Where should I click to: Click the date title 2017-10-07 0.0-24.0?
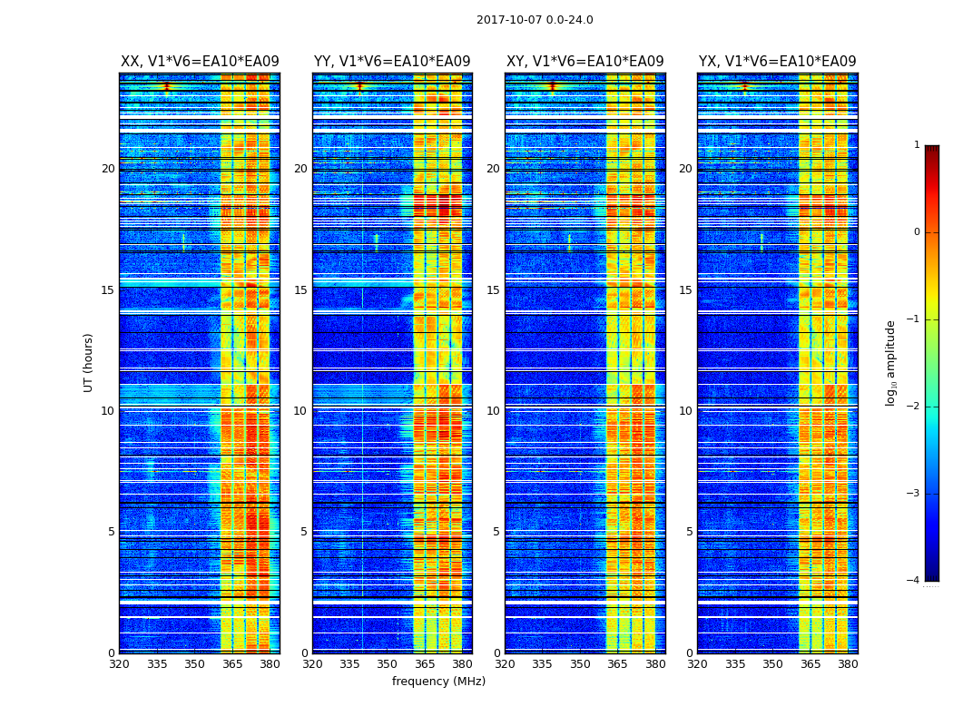pos(535,20)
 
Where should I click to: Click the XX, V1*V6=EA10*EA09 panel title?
pos(200,62)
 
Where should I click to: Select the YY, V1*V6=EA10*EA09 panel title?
pos(392,62)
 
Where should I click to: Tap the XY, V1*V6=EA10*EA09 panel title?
pos(585,62)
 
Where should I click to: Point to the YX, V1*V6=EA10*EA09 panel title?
pos(777,62)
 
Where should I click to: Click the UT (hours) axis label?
pos(89,362)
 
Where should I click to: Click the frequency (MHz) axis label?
pos(438,682)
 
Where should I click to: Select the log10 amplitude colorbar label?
pos(891,362)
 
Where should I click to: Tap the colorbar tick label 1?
pos(917,145)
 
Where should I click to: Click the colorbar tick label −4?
pos(914,581)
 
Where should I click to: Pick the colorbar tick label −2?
pos(914,407)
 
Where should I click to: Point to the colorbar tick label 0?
pos(917,232)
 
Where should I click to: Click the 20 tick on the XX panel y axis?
pos(108,169)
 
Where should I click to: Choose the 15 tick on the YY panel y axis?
pos(300,290)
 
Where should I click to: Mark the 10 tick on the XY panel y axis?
pos(493,411)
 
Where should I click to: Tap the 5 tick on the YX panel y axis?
pos(689,532)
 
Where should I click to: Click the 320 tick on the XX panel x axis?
pos(119,664)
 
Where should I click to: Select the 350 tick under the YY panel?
pos(388,664)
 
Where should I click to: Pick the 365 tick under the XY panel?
pos(617,664)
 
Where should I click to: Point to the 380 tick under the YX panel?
pos(848,664)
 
